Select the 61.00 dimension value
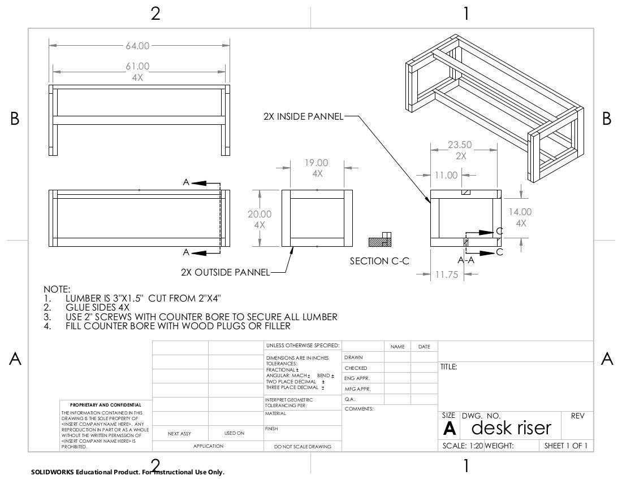coord(137,67)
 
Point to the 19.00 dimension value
coord(317,163)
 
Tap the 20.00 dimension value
coord(260,214)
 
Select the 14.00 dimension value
coord(520,212)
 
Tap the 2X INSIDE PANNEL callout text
coord(303,116)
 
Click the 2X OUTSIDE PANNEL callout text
coord(225,272)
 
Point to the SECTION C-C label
coord(379,261)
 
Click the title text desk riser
coord(511,427)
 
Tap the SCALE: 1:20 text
coord(461,446)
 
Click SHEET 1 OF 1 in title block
coord(565,446)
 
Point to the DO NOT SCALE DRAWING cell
coord(303,446)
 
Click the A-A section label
coord(465,261)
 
